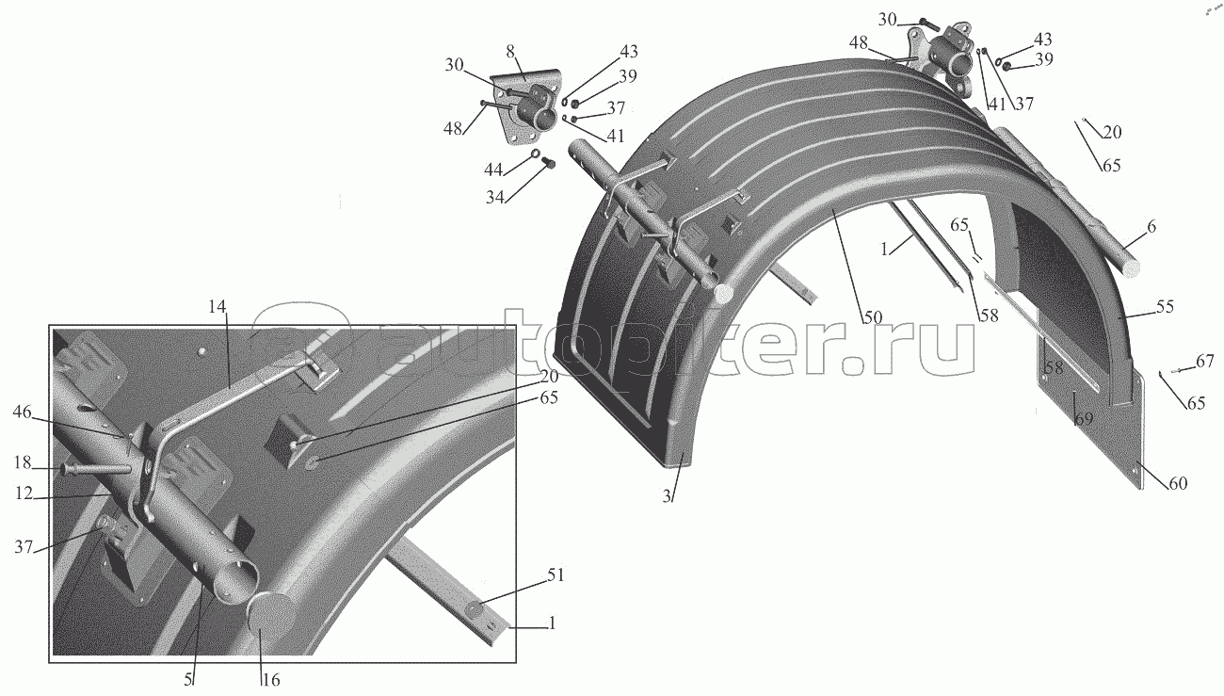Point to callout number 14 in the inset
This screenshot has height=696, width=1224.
[x=218, y=306]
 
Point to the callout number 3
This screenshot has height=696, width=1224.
[x=666, y=496]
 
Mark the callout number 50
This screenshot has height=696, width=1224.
[x=872, y=316]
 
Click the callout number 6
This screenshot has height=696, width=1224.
[x=1152, y=227]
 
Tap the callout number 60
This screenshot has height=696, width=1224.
[x=1177, y=483]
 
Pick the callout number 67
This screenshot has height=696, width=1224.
[x=1204, y=362]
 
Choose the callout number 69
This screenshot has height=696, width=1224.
[x=1084, y=418]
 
